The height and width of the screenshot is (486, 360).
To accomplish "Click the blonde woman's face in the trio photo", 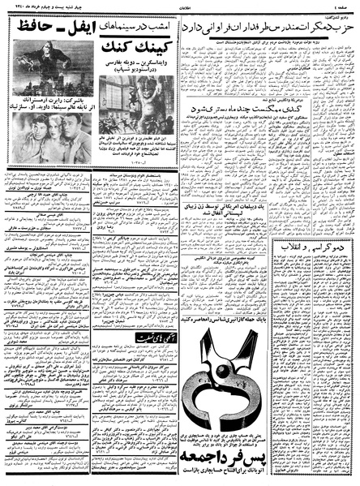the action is pyautogui.click(x=49, y=135).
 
